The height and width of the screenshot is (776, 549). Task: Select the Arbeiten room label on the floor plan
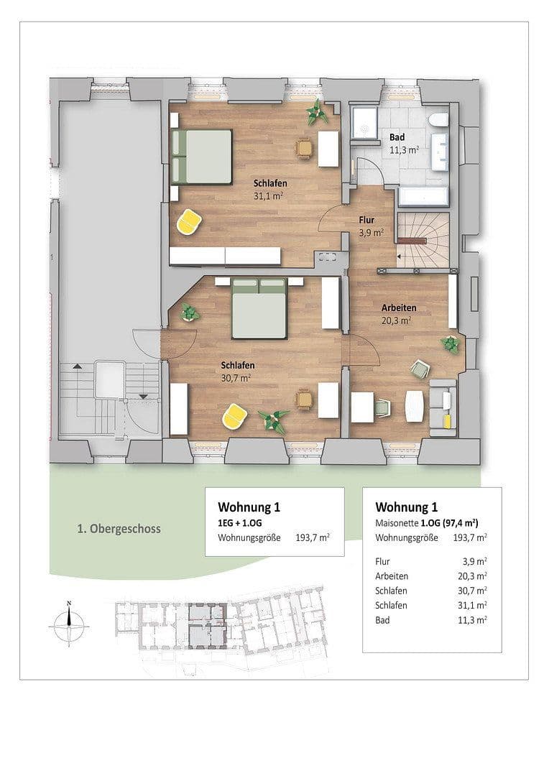(x=398, y=314)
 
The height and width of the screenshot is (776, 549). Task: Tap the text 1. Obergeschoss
(x=119, y=529)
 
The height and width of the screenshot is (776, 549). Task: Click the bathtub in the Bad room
(x=423, y=198)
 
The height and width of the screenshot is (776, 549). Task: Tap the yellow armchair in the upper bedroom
(x=189, y=221)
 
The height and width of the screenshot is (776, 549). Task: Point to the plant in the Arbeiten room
(x=451, y=344)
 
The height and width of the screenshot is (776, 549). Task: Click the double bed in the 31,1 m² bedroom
(x=202, y=156)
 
